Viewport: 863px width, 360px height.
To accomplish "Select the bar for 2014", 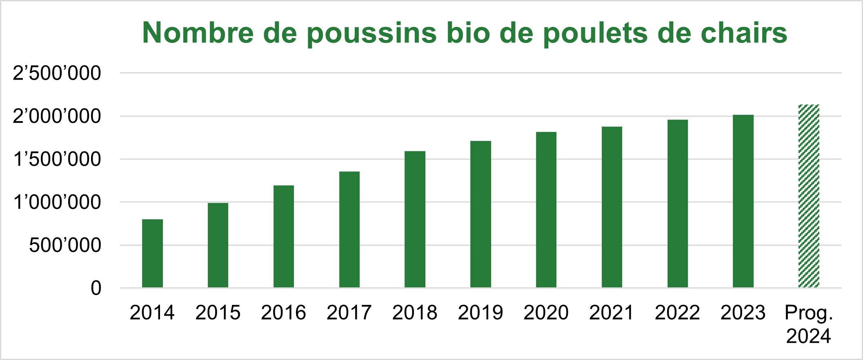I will [152, 253].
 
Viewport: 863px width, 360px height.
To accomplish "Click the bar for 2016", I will [284, 236].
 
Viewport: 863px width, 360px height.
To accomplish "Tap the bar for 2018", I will [415, 219].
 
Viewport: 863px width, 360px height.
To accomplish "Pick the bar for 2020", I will [546, 209].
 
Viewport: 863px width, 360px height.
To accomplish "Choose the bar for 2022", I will [678, 203].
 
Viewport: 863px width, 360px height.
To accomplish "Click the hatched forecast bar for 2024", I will [809, 196].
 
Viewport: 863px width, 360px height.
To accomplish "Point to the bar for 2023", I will [743, 201].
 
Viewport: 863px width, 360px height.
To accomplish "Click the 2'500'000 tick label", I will [57, 73].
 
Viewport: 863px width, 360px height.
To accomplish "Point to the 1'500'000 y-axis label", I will [57, 159].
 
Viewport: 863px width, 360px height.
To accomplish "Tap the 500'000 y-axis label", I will [65, 245].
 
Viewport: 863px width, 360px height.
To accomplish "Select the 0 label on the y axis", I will [96, 288].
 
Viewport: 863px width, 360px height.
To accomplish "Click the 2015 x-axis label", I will [218, 313].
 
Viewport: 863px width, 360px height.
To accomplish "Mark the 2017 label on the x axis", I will [349, 313].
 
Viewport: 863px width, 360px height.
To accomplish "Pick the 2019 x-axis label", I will [480, 313].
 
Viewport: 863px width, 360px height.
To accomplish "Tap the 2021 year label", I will [612, 313].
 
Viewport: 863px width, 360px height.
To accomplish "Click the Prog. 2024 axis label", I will [809, 324].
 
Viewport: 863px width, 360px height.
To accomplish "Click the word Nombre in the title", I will [198, 33].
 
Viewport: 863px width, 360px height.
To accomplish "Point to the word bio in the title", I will [468, 33].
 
